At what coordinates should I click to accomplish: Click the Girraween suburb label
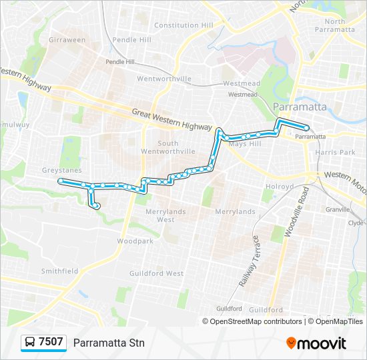[x=67, y=40]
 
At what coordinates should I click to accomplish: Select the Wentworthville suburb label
[x=163, y=79]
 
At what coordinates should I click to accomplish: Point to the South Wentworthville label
[x=177, y=147]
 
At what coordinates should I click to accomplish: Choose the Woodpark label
[x=135, y=241]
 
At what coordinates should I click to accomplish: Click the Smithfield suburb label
[x=59, y=271]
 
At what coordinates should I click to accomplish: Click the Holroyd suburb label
[x=280, y=187]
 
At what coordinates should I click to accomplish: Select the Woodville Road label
[x=288, y=211]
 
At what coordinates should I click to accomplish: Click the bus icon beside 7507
[x=30, y=343]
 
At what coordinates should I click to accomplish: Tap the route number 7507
[x=51, y=343]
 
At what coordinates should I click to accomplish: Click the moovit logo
[x=316, y=343]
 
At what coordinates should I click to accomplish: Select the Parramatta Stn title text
[x=108, y=343]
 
